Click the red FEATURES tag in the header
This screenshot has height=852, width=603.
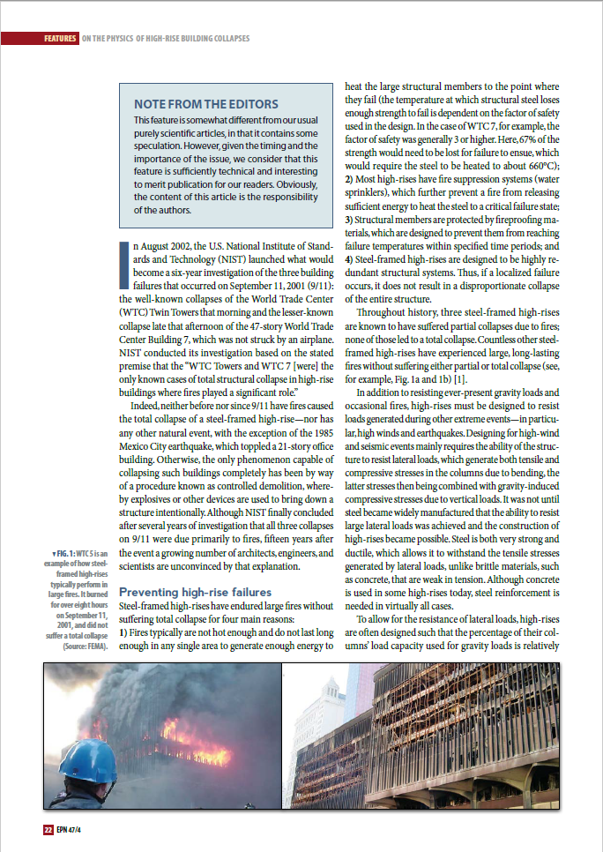tap(59, 39)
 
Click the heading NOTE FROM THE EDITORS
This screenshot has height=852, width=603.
tap(205, 104)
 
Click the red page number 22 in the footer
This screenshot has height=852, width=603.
tap(48, 829)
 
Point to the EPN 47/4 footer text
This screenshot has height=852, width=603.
tap(70, 829)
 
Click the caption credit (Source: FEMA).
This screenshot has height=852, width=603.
tap(86, 646)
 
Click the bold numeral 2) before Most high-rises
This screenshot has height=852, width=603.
tap(348, 181)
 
